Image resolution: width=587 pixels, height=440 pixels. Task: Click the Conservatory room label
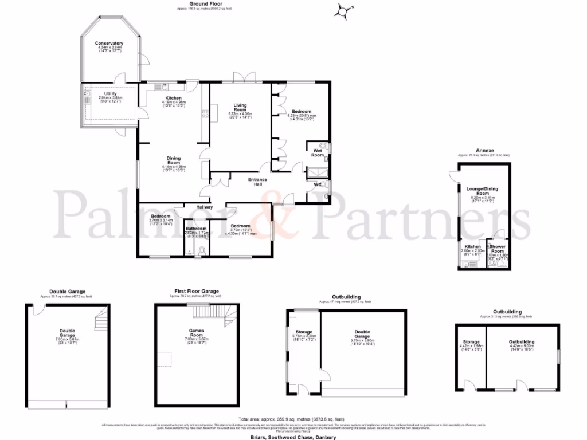[x=109, y=43]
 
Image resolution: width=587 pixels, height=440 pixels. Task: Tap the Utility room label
[x=111, y=94]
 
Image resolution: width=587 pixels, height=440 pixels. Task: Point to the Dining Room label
[x=173, y=160]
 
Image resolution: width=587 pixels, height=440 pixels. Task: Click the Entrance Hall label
[x=257, y=182]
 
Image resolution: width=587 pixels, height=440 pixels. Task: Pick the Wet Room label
[x=317, y=153]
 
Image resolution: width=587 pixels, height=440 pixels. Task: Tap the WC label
[x=317, y=184]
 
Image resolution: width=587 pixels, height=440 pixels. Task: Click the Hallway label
[x=205, y=207]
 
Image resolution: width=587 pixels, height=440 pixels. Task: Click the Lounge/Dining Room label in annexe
[x=483, y=190]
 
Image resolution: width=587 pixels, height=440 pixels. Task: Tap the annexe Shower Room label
[x=497, y=251]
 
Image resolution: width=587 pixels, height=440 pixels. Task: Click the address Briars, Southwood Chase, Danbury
[x=293, y=437]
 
